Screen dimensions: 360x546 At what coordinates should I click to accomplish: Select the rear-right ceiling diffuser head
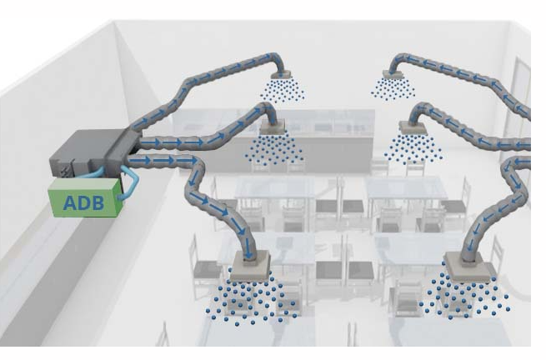(x=388, y=75)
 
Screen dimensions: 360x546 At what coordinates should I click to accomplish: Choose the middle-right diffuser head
(x=410, y=127)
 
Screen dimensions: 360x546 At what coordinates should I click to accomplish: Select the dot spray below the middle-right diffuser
(x=413, y=148)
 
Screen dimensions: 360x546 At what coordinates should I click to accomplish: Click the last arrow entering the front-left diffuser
(x=248, y=242)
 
